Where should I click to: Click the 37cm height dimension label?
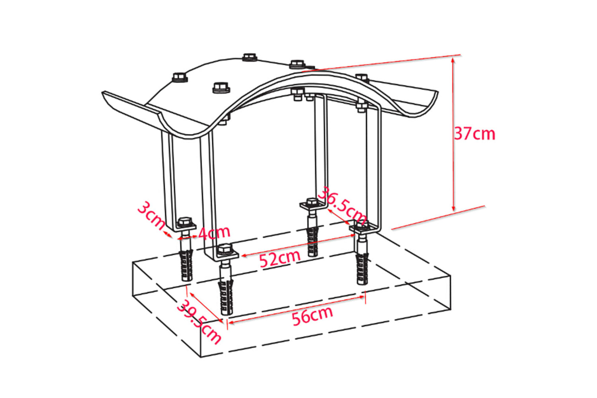[474, 134]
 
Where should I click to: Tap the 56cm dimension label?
[312, 316]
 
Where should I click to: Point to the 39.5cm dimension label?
[199, 322]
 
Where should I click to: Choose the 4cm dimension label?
[214, 232]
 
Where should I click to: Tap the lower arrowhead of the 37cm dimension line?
[453, 209]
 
